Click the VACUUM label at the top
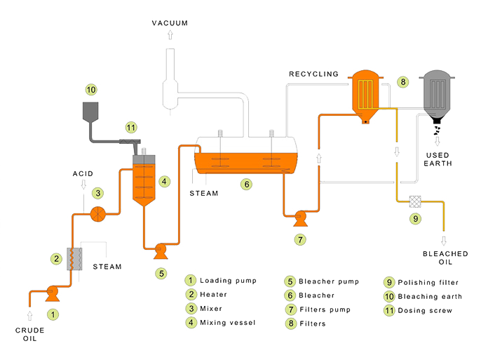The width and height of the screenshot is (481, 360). (x=170, y=23)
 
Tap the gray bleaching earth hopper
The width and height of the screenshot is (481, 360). (x=90, y=111)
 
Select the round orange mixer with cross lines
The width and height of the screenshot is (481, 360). (x=98, y=214)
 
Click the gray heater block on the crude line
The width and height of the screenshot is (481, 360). (x=74, y=259)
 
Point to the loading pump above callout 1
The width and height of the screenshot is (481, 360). (x=53, y=293)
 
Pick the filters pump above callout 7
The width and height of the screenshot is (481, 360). (x=300, y=218)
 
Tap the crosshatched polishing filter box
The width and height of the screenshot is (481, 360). (x=415, y=201)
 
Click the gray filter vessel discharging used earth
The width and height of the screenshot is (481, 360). (x=437, y=97)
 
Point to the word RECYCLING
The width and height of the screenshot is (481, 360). (x=313, y=74)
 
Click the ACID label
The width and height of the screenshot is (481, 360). (x=83, y=174)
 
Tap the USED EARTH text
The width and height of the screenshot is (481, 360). (x=438, y=159)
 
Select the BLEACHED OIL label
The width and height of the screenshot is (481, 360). (x=445, y=258)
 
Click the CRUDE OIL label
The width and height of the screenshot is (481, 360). (x=29, y=334)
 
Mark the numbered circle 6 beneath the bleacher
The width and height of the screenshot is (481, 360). (x=246, y=185)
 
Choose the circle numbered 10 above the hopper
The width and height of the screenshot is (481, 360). (x=91, y=90)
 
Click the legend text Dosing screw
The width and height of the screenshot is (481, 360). (x=425, y=311)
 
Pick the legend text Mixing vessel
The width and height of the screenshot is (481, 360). (x=228, y=323)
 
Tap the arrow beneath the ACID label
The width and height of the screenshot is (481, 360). (x=83, y=185)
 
